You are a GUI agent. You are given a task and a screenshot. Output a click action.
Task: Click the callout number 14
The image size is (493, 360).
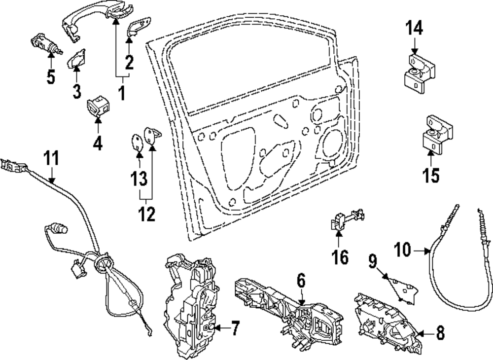pyautogui.click(x=414, y=28)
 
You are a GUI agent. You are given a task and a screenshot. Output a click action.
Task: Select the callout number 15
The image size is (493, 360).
pyautogui.click(x=431, y=175)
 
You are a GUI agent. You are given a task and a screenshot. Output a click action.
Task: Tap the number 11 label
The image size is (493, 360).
pyautogui.click(x=51, y=159)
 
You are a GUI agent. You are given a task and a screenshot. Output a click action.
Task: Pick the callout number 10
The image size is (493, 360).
pyautogui.click(x=402, y=251)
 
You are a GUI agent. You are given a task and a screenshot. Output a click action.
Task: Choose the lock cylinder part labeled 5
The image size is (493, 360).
pyautogui.click(x=45, y=42)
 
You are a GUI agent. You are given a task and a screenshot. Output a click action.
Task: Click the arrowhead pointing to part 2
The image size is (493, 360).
pyautogui.click(x=130, y=39)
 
